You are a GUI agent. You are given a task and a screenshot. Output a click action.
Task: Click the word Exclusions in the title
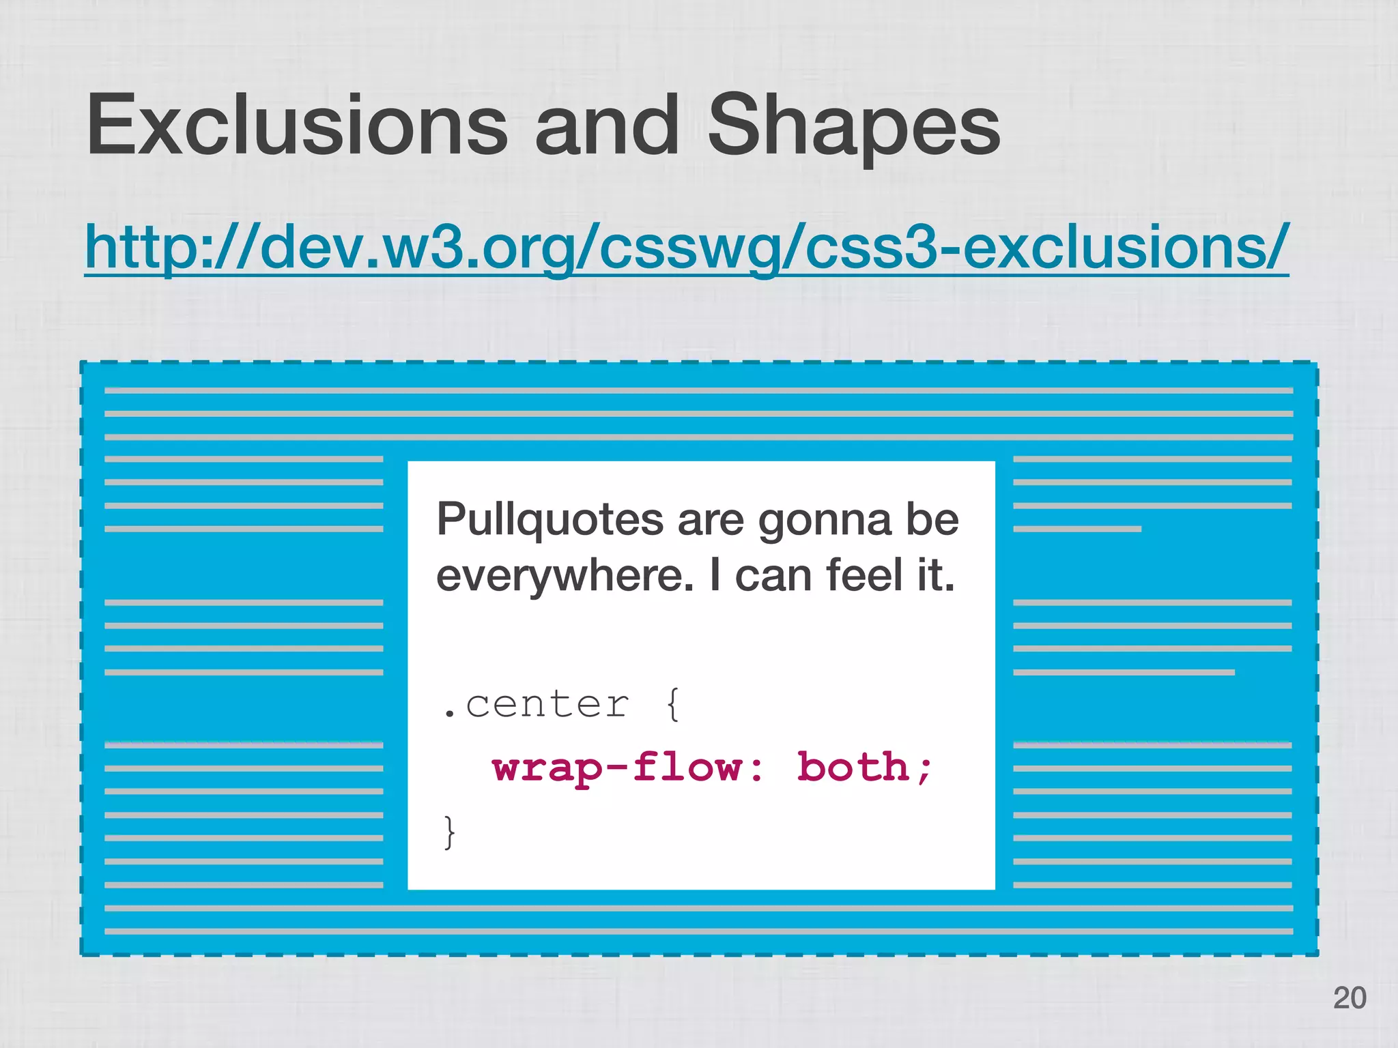pyautogui.click(x=297, y=126)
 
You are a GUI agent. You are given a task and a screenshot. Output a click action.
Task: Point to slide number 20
pyautogui.click(x=1349, y=998)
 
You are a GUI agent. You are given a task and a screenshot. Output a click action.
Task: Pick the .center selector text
pyautogui.click(x=536, y=704)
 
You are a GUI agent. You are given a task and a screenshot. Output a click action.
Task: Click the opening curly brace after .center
pyautogui.click(x=672, y=704)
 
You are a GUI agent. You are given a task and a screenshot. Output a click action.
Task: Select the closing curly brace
pyautogui.click(x=448, y=832)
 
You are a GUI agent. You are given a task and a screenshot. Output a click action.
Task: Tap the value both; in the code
pyautogui.click(x=864, y=767)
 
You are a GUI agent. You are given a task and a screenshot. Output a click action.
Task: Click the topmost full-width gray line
pyautogui.click(x=698, y=390)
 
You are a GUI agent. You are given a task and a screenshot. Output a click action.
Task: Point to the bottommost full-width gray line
pyautogui.click(x=698, y=931)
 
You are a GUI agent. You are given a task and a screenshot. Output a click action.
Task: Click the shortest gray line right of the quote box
pyautogui.click(x=1077, y=529)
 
